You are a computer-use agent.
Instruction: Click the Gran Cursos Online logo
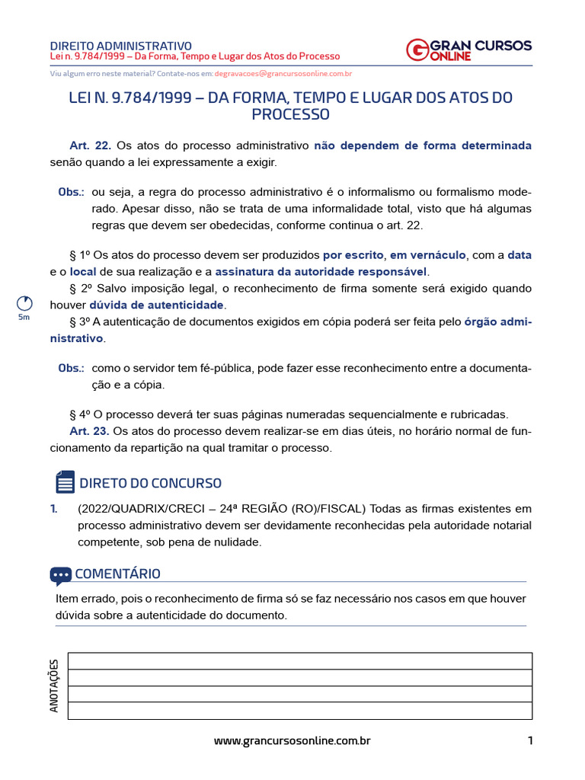[x=468, y=50]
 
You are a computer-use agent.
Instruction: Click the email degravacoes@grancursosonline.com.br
[x=283, y=74]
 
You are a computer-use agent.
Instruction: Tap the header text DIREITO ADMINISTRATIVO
[x=120, y=46]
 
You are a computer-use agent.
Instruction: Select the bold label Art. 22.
[x=90, y=145]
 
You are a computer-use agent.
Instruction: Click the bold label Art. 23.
[x=89, y=431]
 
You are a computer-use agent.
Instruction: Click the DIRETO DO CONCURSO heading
[x=150, y=483]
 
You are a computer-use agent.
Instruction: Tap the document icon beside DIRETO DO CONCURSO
[x=66, y=482]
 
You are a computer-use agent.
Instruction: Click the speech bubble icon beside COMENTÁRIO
[x=60, y=575]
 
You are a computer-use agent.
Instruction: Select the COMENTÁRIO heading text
[x=117, y=574]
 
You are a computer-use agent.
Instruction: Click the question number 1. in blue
[x=54, y=508]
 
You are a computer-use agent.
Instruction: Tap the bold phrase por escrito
[x=353, y=255]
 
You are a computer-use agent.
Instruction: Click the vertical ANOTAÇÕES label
[x=54, y=686]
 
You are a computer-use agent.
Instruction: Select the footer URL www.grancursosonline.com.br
[x=292, y=740]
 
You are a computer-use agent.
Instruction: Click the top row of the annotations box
[x=300, y=660]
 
